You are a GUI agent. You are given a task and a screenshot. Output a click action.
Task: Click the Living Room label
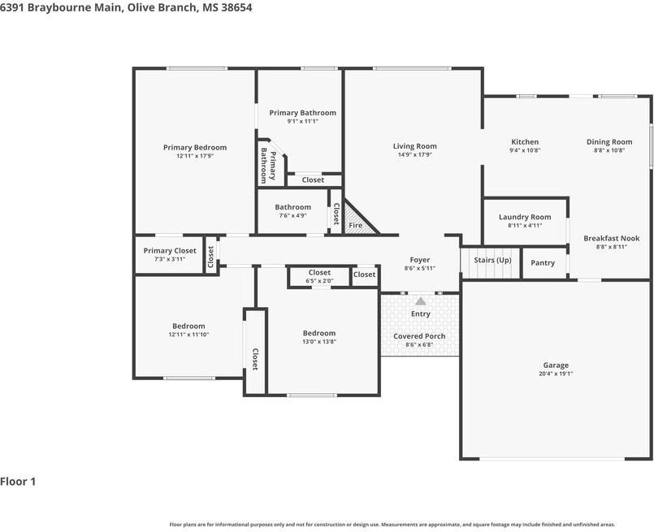pyautogui.click(x=414, y=146)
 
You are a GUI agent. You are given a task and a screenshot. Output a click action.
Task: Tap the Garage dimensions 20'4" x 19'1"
pyautogui.click(x=556, y=374)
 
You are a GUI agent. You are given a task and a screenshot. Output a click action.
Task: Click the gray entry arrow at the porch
pyautogui.click(x=421, y=301)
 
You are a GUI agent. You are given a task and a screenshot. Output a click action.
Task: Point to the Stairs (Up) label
pyautogui.click(x=492, y=260)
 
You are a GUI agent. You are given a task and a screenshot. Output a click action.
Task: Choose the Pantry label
pyautogui.click(x=543, y=262)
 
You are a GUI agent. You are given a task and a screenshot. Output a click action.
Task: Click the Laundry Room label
pyautogui.click(x=525, y=217)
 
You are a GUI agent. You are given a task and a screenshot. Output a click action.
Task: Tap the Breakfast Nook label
pyautogui.click(x=612, y=238)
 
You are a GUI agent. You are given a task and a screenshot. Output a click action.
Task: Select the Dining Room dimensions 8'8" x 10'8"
pyautogui.click(x=609, y=150)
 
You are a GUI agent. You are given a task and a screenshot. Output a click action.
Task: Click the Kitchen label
pyautogui.click(x=525, y=142)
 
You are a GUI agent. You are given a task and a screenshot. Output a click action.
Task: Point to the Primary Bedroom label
pyautogui.click(x=195, y=147)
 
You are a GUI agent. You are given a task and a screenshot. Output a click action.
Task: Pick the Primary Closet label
pyautogui.click(x=170, y=251)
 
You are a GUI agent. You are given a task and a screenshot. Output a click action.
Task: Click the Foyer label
pyautogui.click(x=419, y=260)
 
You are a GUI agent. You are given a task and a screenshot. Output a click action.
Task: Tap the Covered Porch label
pyautogui.click(x=419, y=336)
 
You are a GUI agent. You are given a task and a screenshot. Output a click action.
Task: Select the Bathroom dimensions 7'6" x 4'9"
pyautogui.click(x=292, y=215)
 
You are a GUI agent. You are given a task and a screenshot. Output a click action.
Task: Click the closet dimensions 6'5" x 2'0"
pyautogui.click(x=319, y=281)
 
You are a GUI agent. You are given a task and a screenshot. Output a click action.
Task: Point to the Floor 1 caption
pyautogui.click(x=18, y=482)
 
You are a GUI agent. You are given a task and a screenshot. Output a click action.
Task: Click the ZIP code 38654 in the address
pyautogui.click(x=237, y=7)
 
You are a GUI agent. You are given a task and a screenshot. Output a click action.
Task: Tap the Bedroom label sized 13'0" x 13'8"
pyautogui.click(x=319, y=333)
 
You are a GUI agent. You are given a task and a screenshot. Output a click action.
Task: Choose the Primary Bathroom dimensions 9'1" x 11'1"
pyautogui.click(x=302, y=121)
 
